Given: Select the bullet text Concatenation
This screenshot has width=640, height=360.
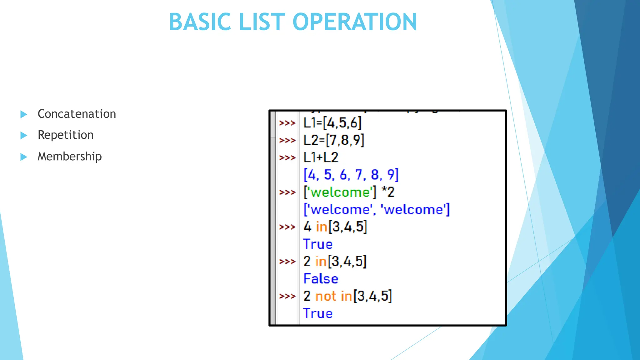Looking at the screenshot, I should tap(77, 114).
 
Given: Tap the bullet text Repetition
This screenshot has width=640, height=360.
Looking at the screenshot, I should tap(65, 135).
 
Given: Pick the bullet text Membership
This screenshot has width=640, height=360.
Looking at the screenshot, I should tap(69, 156).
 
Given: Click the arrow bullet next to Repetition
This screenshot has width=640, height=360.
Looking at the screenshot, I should tap(24, 135).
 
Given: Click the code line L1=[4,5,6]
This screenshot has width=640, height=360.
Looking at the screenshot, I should tap(332, 123).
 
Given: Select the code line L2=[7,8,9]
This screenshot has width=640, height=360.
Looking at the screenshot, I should tap(333, 140).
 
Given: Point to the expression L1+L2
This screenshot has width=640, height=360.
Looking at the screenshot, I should tap(321, 157).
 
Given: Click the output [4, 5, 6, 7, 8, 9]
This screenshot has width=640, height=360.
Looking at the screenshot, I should tap(351, 175).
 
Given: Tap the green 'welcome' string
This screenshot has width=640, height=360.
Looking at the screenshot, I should tap(340, 192).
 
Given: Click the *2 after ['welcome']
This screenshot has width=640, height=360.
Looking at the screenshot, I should tap(388, 192).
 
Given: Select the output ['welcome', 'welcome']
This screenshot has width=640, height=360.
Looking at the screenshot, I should tap(376, 209).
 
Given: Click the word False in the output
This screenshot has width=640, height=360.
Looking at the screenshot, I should tap(321, 279).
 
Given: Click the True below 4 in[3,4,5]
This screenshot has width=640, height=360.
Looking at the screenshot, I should tap(318, 244).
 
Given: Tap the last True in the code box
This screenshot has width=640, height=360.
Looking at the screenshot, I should tap(318, 313).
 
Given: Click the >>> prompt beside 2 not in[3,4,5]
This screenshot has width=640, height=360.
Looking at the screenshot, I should tap(287, 296).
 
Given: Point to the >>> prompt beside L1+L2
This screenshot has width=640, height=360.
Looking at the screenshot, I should tap(287, 157).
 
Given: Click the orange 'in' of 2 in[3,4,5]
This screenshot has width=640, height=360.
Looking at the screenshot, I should tap(321, 261).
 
